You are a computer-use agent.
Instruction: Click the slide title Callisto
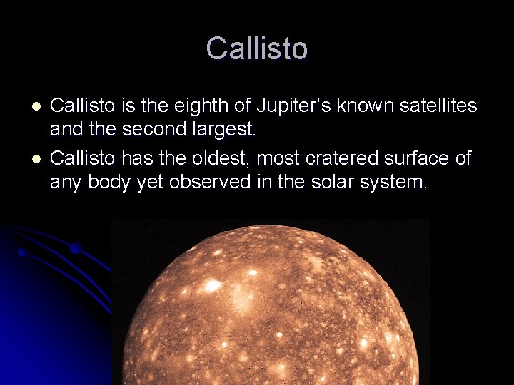(257, 48)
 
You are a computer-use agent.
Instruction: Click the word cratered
(343, 158)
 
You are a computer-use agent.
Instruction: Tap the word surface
(418, 158)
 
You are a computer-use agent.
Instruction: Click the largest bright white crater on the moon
(212, 286)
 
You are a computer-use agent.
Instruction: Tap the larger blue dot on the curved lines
(74, 249)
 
